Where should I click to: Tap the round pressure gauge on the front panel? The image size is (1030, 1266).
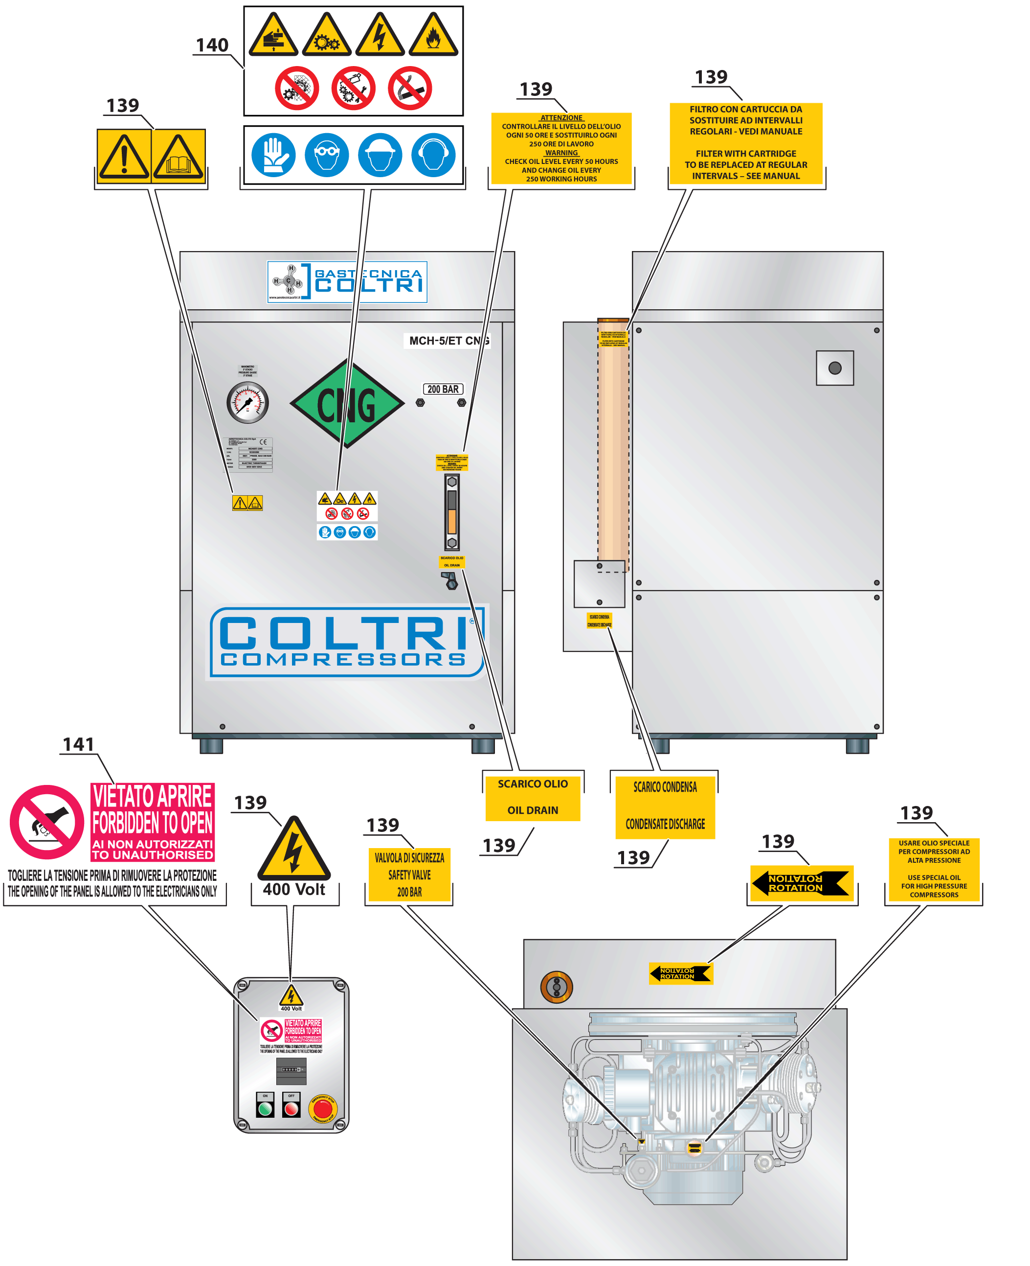(247, 402)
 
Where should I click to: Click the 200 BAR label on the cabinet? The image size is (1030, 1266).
(443, 390)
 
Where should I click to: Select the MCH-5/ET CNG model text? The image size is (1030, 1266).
(448, 341)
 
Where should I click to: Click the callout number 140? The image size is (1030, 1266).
(212, 45)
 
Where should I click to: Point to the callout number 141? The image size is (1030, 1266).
(78, 744)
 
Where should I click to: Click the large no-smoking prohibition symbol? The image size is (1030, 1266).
(409, 89)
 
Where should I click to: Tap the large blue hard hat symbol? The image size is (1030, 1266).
(380, 156)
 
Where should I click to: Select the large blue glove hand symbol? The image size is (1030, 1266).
(273, 156)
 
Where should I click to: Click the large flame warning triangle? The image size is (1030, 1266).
(433, 36)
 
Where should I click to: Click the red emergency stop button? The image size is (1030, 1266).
(323, 1108)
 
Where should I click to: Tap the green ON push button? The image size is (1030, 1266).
(265, 1108)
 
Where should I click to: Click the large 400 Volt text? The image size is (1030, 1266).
(294, 889)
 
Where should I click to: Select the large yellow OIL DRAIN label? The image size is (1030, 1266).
(532, 797)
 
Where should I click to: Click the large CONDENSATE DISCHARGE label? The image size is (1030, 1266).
(665, 806)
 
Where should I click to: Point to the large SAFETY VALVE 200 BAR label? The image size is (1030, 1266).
(409, 875)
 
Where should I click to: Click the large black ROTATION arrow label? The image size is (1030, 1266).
(801, 883)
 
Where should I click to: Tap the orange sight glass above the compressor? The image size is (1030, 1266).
(556, 987)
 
